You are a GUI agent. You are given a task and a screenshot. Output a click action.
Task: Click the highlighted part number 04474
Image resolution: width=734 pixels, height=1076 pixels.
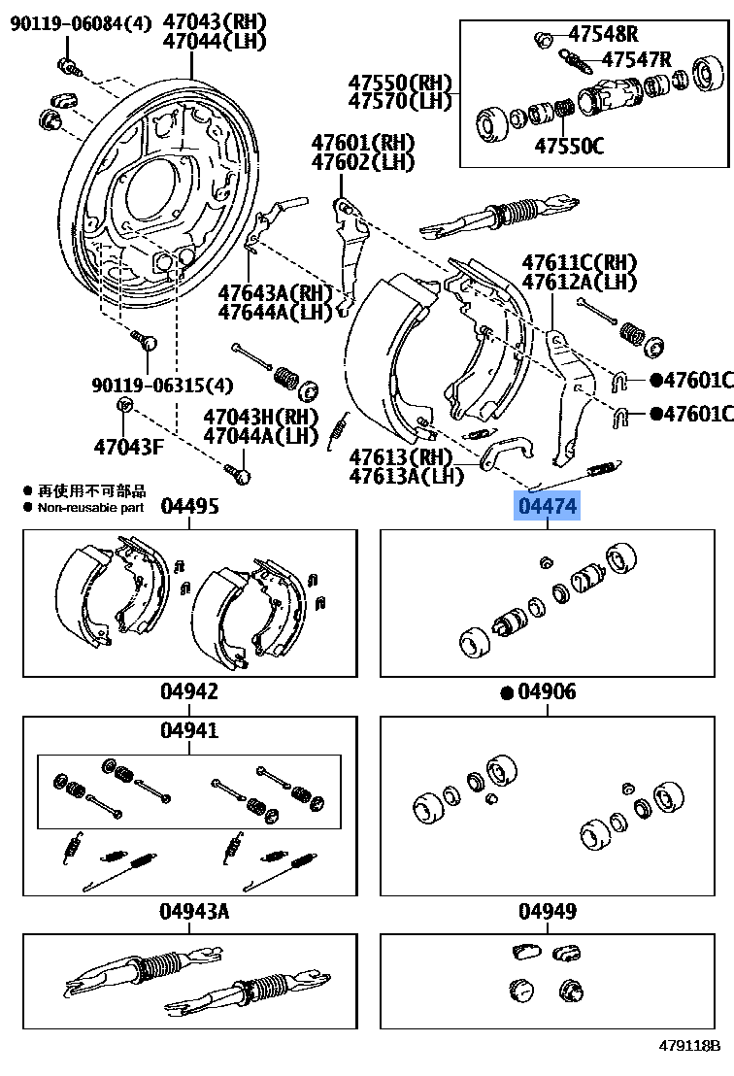548,506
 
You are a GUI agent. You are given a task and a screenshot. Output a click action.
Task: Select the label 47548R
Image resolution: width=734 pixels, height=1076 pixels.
603,34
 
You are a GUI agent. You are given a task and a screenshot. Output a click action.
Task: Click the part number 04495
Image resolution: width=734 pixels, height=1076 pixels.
189,506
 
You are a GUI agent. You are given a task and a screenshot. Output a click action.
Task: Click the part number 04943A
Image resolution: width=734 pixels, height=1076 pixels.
194,911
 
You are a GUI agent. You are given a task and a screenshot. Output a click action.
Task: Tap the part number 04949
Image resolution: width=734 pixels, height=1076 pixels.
548,911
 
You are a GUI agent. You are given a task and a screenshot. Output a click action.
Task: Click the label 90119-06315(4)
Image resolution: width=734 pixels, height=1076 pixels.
162,385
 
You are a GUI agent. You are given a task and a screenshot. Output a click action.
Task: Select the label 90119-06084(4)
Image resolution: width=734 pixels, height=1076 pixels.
82,21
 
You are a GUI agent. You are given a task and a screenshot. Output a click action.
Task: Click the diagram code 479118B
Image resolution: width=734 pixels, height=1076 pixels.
689,1046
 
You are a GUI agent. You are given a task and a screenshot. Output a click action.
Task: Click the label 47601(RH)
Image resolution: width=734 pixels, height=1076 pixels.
363,142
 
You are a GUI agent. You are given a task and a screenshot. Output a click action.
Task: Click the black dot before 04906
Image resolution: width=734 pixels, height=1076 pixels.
506,692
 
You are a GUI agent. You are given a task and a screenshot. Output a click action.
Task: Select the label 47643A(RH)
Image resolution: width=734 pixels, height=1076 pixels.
275,292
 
